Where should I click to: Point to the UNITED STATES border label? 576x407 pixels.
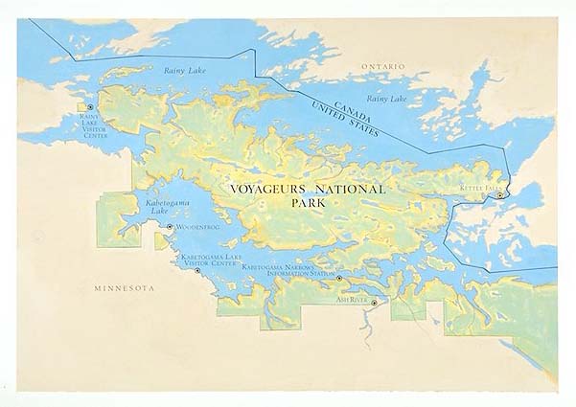(340, 122)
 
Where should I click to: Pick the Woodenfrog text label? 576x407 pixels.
(198, 227)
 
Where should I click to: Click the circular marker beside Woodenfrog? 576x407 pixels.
(170, 227)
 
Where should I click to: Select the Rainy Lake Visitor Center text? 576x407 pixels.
(96, 126)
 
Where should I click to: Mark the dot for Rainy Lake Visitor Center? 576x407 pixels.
(90, 107)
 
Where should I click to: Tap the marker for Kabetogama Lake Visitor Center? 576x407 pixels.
(198, 271)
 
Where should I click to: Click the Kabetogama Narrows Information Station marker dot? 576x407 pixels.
(339, 279)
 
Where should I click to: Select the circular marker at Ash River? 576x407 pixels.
(375, 303)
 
